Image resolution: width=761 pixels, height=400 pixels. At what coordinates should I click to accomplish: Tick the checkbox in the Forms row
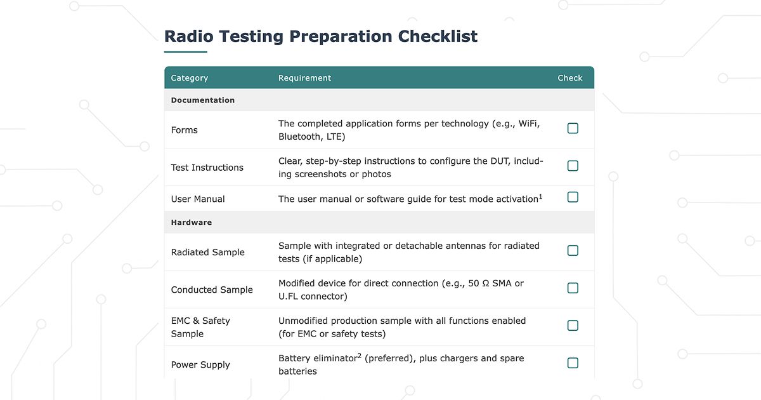573,128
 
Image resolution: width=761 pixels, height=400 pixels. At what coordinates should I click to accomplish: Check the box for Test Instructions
573,166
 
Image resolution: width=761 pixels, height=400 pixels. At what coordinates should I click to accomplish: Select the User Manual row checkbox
573,197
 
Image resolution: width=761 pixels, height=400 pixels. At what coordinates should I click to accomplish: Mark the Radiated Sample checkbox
573,250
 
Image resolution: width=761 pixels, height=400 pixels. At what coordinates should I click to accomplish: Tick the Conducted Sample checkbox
573,288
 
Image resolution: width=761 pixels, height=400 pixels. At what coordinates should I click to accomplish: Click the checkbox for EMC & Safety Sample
573,325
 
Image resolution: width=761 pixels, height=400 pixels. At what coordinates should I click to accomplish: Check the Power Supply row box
573,363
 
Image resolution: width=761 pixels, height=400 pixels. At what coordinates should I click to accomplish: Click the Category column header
189,78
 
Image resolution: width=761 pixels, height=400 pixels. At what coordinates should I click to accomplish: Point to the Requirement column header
304,78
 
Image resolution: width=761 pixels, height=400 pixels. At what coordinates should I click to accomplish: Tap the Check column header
569,78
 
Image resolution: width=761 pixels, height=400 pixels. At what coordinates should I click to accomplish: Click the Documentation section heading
202,100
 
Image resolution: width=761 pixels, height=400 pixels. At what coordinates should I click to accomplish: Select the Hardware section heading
191,223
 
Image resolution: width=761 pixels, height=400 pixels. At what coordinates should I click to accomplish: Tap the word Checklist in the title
438,37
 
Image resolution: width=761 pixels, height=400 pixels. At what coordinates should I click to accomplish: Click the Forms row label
184,130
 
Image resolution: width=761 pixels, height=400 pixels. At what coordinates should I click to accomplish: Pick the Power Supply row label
200,365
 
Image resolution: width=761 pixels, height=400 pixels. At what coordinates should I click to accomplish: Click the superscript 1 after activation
540,196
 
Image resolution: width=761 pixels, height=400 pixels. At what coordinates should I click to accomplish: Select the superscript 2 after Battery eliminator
359,356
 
